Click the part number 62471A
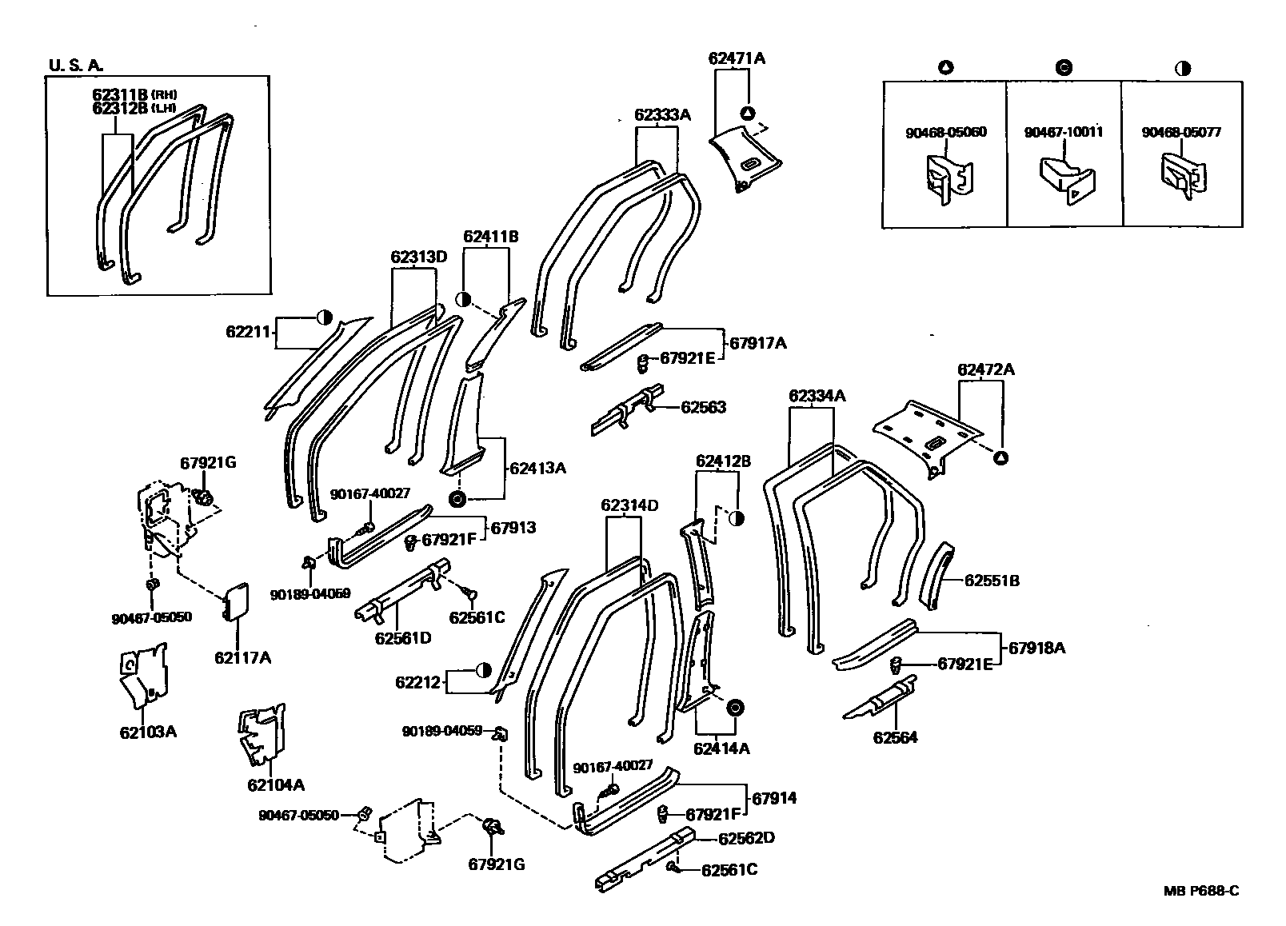click(736, 58)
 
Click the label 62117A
click(242, 658)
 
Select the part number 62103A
click(148, 731)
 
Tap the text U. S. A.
click(77, 65)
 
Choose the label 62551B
click(991, 581)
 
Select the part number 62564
click(895, 738)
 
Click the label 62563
click(703, 407)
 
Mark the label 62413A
click(537, 468)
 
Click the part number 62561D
click(403, 638)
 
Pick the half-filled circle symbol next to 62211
click(324, 317)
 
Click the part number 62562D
click(746, 838)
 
